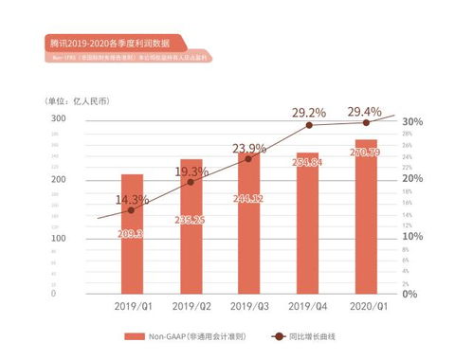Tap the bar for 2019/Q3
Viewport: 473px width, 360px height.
[x=248, y=224]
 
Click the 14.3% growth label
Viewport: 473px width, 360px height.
[x=132, y=199]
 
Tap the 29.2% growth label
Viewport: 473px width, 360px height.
[x=307, y=113]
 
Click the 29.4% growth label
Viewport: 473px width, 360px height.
[x=365, y=112]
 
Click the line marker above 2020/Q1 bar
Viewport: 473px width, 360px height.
[x=365, y=123]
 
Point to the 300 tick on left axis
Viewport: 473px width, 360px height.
[x=58, y=118]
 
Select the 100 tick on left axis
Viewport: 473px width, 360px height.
[x=58, y=237]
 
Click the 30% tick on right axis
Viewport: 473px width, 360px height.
[x=411, y=122]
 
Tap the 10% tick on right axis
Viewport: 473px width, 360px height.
[x=411, y=236]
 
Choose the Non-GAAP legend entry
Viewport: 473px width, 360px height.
[x=183, y=336]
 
